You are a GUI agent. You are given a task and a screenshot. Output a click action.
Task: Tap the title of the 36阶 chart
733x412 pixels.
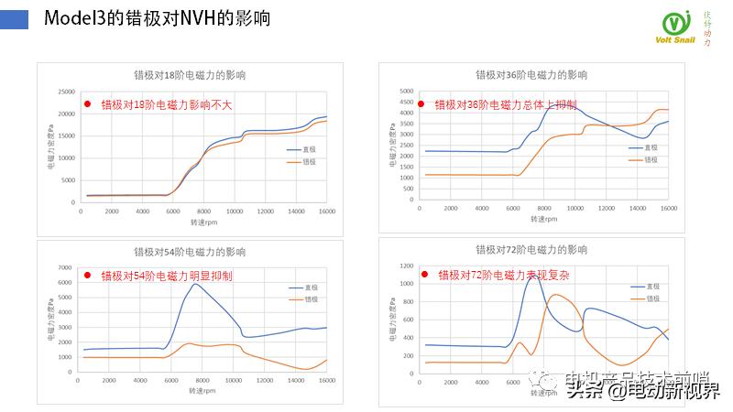[531, 75]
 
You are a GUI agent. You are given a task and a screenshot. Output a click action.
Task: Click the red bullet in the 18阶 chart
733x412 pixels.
[88, 104]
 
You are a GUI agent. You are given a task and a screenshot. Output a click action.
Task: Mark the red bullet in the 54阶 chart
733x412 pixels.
[88, 275]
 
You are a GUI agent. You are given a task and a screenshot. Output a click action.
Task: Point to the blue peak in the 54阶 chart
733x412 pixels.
[195, 284]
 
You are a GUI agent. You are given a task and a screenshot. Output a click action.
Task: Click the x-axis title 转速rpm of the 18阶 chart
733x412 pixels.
[203, 222]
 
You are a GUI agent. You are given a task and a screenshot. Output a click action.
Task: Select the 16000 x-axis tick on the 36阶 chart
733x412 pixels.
[669, 210]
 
